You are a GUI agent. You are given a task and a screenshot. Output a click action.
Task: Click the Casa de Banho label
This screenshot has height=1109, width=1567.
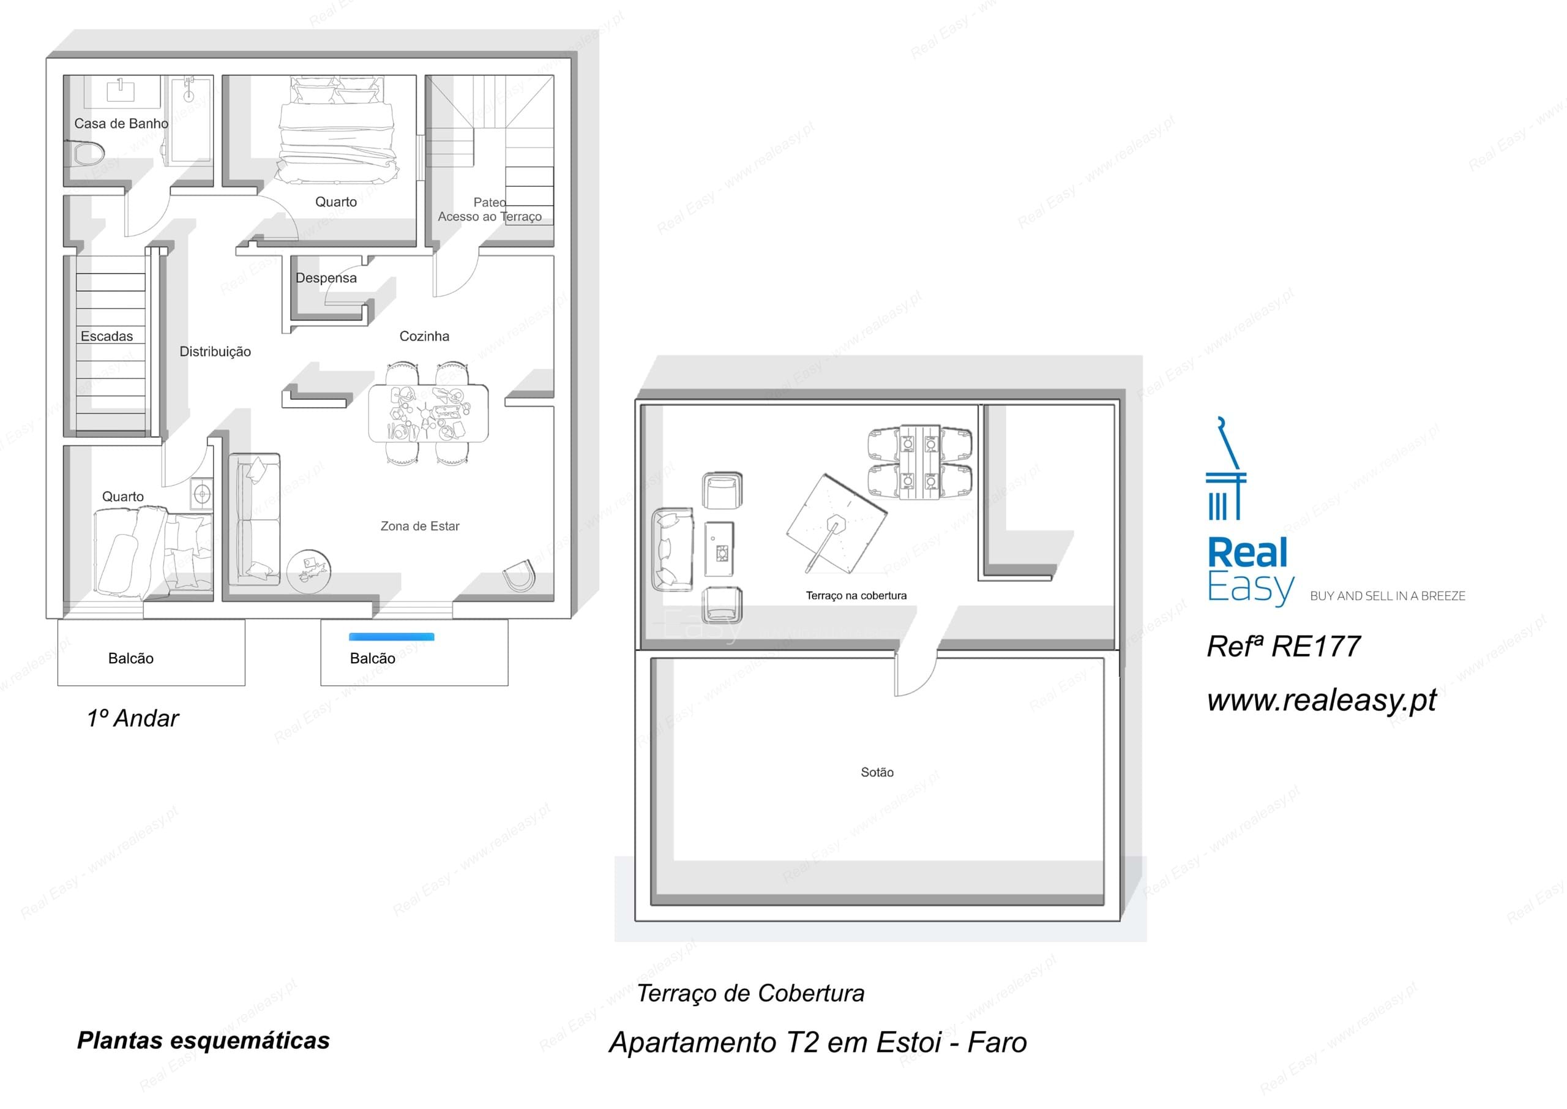click(x=121, y=124)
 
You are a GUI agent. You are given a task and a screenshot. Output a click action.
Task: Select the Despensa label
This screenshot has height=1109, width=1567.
click(x=326, y=278)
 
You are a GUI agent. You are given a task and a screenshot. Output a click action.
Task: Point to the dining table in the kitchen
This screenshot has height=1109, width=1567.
click(x=428, y=414)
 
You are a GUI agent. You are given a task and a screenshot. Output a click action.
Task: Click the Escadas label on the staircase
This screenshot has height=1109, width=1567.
click(x=107, y=336)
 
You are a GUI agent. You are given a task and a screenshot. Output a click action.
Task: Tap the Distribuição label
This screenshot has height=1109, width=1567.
click(x=215, y=351)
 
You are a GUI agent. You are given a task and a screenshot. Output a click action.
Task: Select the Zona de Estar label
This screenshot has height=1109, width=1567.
click(x=420, y=526)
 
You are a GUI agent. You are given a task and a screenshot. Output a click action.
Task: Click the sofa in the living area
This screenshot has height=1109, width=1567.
click(x=254, y=519)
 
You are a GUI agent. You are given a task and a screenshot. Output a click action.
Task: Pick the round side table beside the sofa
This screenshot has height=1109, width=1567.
click(x=309, y=570)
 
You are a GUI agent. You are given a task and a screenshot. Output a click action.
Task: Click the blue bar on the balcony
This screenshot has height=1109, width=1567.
click(x=391, y=637)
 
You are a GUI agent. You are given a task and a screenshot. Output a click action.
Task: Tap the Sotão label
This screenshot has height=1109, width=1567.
click(x=877, y=772)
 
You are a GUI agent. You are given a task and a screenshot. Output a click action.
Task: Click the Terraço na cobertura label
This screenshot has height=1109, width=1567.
click(x=856, y=595)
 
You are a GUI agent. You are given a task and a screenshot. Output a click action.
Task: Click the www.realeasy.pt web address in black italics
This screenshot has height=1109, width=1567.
click(x=1322, y=700)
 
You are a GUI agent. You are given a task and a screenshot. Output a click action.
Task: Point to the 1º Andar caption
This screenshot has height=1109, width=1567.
click(x=132, y=718)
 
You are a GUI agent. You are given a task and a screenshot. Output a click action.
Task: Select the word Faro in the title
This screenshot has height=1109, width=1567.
click(x=997, y=1043)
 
